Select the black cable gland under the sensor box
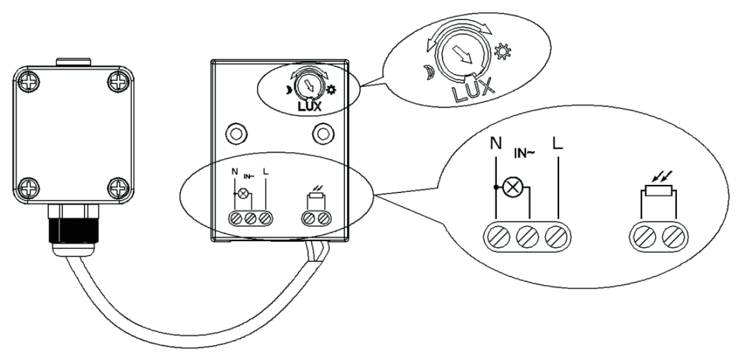click(69, 228)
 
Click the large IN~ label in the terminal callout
click(526, 152)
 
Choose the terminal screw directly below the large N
click(497, 238)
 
